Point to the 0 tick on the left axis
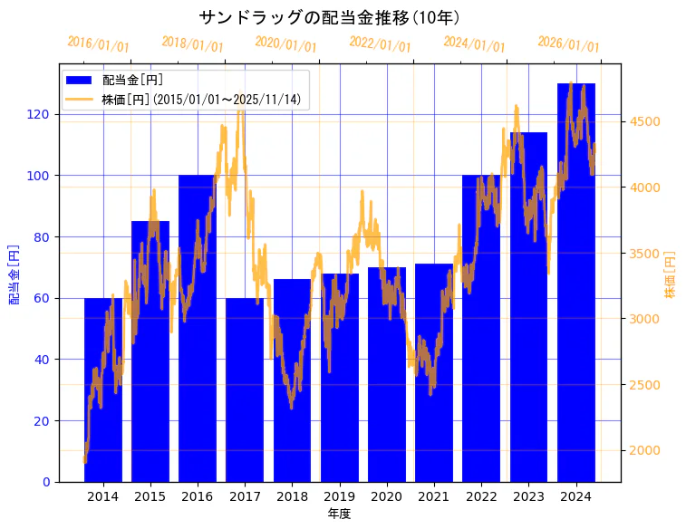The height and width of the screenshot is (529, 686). [47, 482]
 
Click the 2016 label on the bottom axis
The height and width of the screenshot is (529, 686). [197, 496]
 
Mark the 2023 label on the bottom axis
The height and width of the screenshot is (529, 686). [528, 496]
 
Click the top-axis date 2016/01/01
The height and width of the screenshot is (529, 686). [99, 44]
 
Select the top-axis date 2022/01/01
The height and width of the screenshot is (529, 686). [381, 44]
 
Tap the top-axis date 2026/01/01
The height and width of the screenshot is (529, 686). [569, 44]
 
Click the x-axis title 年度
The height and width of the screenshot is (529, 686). [340, 514]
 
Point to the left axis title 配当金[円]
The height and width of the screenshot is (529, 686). [14, 274]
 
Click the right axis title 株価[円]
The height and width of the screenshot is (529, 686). [671, 274]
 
